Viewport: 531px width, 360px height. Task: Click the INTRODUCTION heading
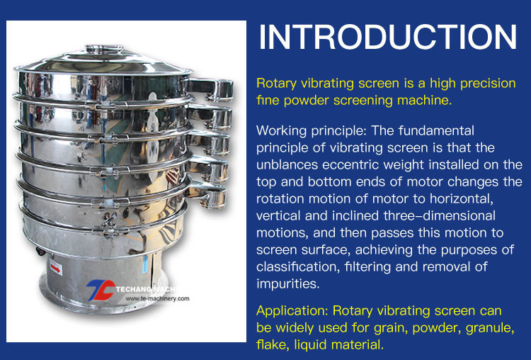click(388, 37)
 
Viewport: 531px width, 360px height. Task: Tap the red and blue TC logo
click(101, 290)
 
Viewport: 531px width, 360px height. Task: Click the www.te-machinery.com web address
click(157, 298)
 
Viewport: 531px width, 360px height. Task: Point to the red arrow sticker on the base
click(56, 268)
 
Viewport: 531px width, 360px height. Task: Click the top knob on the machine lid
click(104, 49)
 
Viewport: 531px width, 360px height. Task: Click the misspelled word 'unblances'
click(287, 164)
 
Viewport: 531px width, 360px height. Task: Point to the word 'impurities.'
click(288, 283)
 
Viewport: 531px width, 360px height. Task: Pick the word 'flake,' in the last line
click(273, 344)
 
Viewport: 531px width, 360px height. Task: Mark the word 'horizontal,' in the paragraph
click(462, 198)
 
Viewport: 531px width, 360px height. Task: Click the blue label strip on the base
click(145, 264)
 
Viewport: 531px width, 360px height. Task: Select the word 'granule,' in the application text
click(490, 328)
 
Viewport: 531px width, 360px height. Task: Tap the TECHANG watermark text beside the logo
click(146, 289)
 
